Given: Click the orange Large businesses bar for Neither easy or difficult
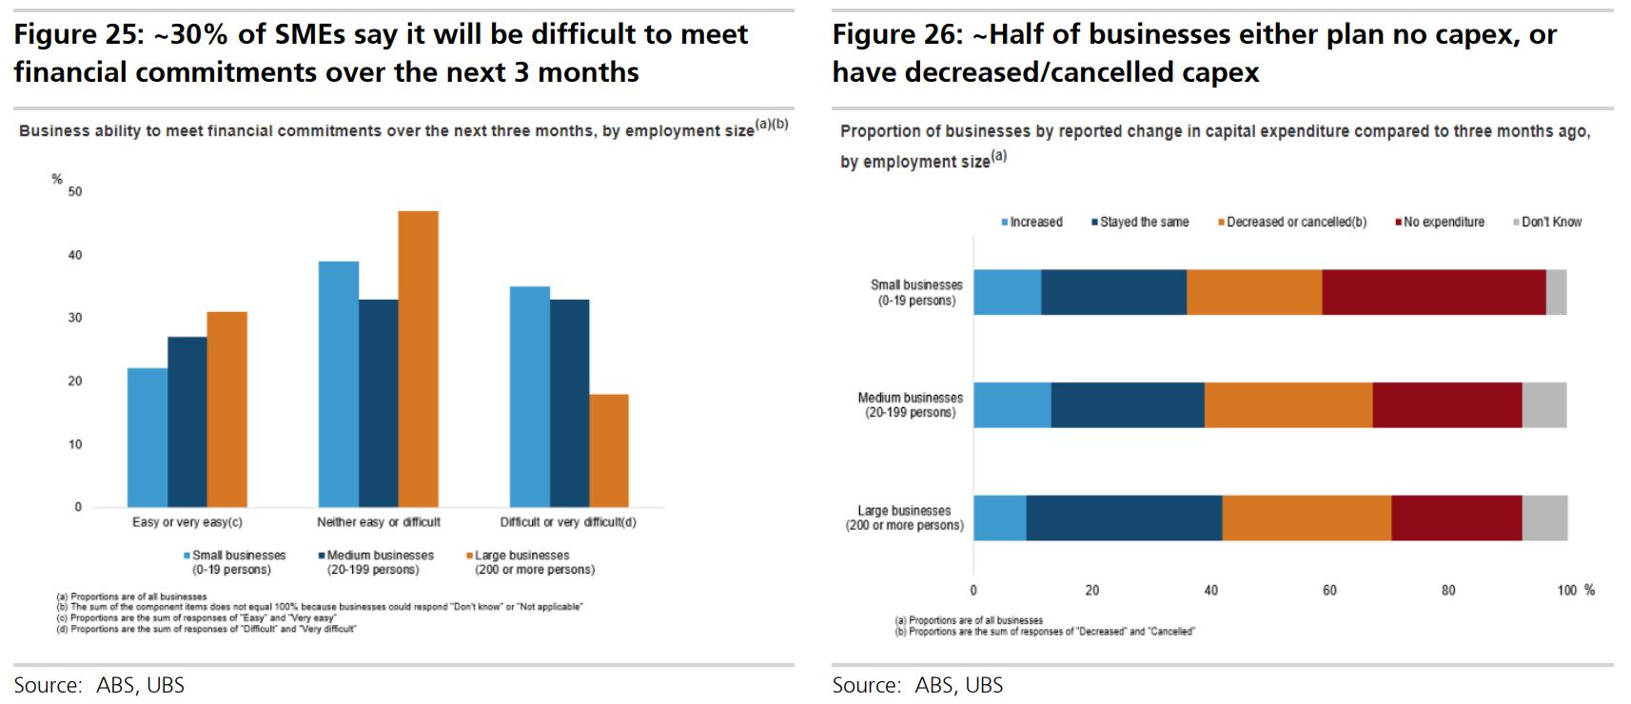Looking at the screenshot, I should coord(418,359).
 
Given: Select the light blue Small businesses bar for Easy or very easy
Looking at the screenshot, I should coord(147,438).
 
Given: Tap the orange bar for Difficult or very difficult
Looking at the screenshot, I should coord(608,450).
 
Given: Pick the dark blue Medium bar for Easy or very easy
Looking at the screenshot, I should coord(187,421).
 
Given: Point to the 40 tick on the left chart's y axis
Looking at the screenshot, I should coord(75,255).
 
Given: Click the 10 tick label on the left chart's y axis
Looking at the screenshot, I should coord(75,444).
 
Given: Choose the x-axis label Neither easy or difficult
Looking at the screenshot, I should coord(379,522).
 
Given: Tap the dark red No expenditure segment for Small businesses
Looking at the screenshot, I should coord(1433,292).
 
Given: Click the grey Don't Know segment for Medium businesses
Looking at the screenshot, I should coord(1543,405).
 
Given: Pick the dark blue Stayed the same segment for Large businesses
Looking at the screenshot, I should coord(1124,518).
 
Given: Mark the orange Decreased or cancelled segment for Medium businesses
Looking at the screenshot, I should coord(1288,405).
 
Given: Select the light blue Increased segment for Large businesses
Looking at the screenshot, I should coord(1000,518).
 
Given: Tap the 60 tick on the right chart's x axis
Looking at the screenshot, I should coord(1329,590).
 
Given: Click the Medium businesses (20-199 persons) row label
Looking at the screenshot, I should coord(911,405).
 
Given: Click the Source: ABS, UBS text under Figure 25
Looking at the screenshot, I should coord(99,685).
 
